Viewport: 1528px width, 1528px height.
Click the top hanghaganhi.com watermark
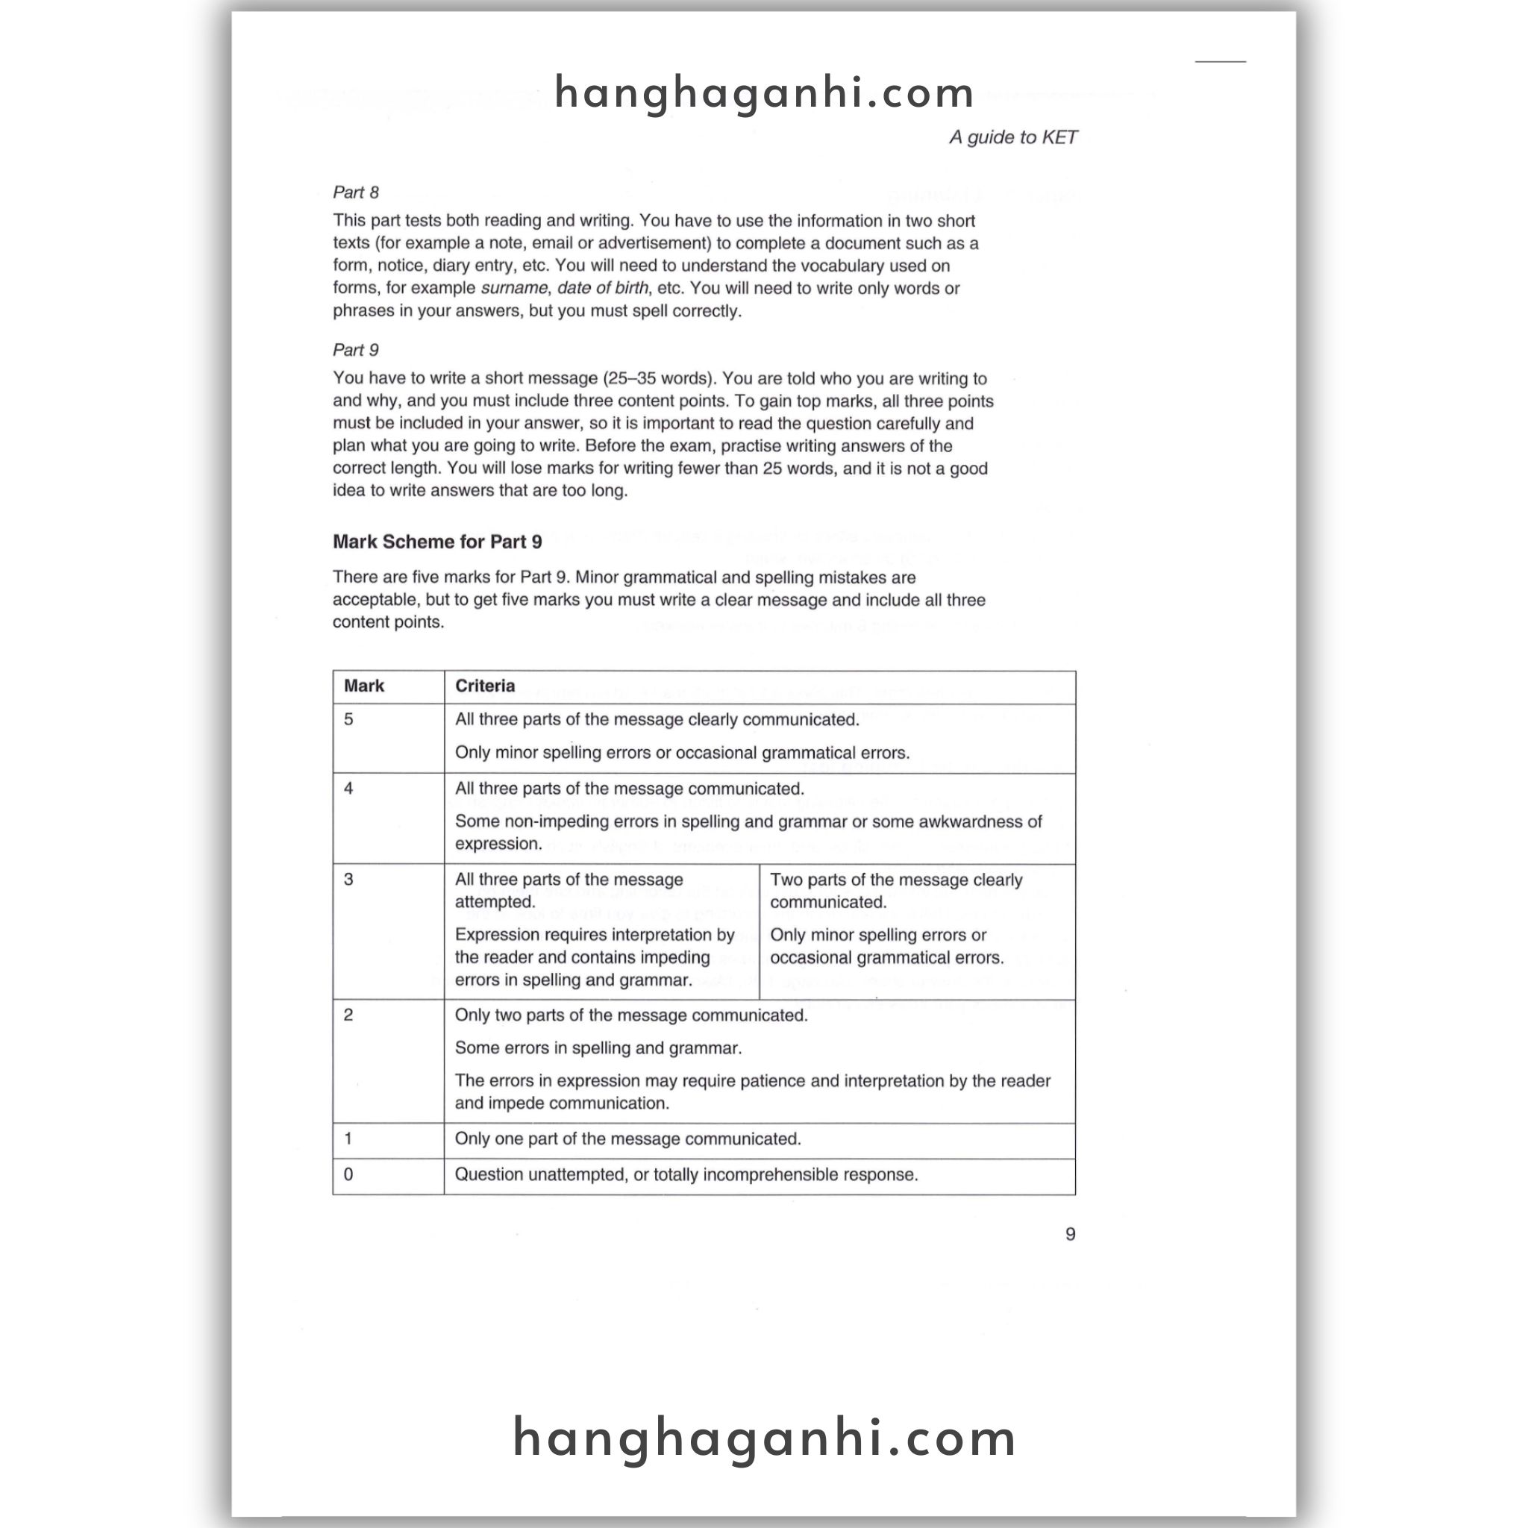click(x=764, y=93)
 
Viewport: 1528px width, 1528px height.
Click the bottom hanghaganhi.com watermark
click(x=764, y=1438)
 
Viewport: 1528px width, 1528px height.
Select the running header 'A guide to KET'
click(x=1012, y=137)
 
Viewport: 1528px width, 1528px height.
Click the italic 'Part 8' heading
click(x=356, y=193)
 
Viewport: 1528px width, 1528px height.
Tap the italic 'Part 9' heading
click(x=356, y=351)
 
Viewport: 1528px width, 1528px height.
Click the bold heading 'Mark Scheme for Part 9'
click(x=437, y=542)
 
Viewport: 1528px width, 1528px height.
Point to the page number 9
click(x=1070, y=1235)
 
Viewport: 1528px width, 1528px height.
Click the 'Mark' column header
click(x=364, y=686)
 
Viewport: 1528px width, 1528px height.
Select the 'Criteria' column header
click(x=485, y=686)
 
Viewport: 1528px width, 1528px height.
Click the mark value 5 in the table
click(x=348, y=720)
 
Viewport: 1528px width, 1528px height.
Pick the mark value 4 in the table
click(x=348, y=789)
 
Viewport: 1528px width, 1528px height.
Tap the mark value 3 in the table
click(x=348, y=880)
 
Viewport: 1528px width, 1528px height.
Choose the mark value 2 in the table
click(x=348, y=1015)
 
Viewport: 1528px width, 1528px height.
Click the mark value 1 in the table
click(x=348, y=1139)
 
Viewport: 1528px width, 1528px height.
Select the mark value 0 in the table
click(x=348, y=1174)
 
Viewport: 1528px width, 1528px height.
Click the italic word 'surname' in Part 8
click(x=514, y=289)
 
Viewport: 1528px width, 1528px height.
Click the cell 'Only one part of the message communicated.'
click(x=628, y=1139)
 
